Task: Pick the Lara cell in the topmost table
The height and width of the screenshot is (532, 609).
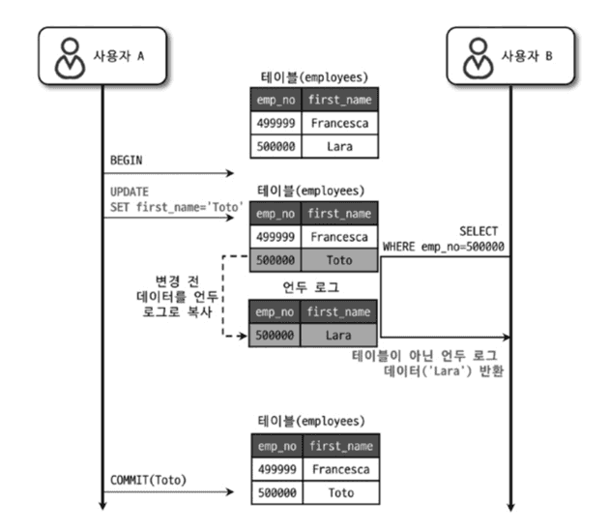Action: [337, 146]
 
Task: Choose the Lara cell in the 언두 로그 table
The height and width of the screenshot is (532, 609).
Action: [337, 335]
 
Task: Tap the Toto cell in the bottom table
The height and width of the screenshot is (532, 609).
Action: [337, 493]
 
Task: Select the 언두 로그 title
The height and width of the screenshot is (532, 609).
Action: [311, 287]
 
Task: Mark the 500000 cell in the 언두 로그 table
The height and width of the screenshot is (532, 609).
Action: [275, 335]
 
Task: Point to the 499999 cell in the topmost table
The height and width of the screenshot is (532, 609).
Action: [275, 123]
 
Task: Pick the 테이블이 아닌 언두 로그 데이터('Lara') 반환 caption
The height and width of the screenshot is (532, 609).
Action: [429, 362]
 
